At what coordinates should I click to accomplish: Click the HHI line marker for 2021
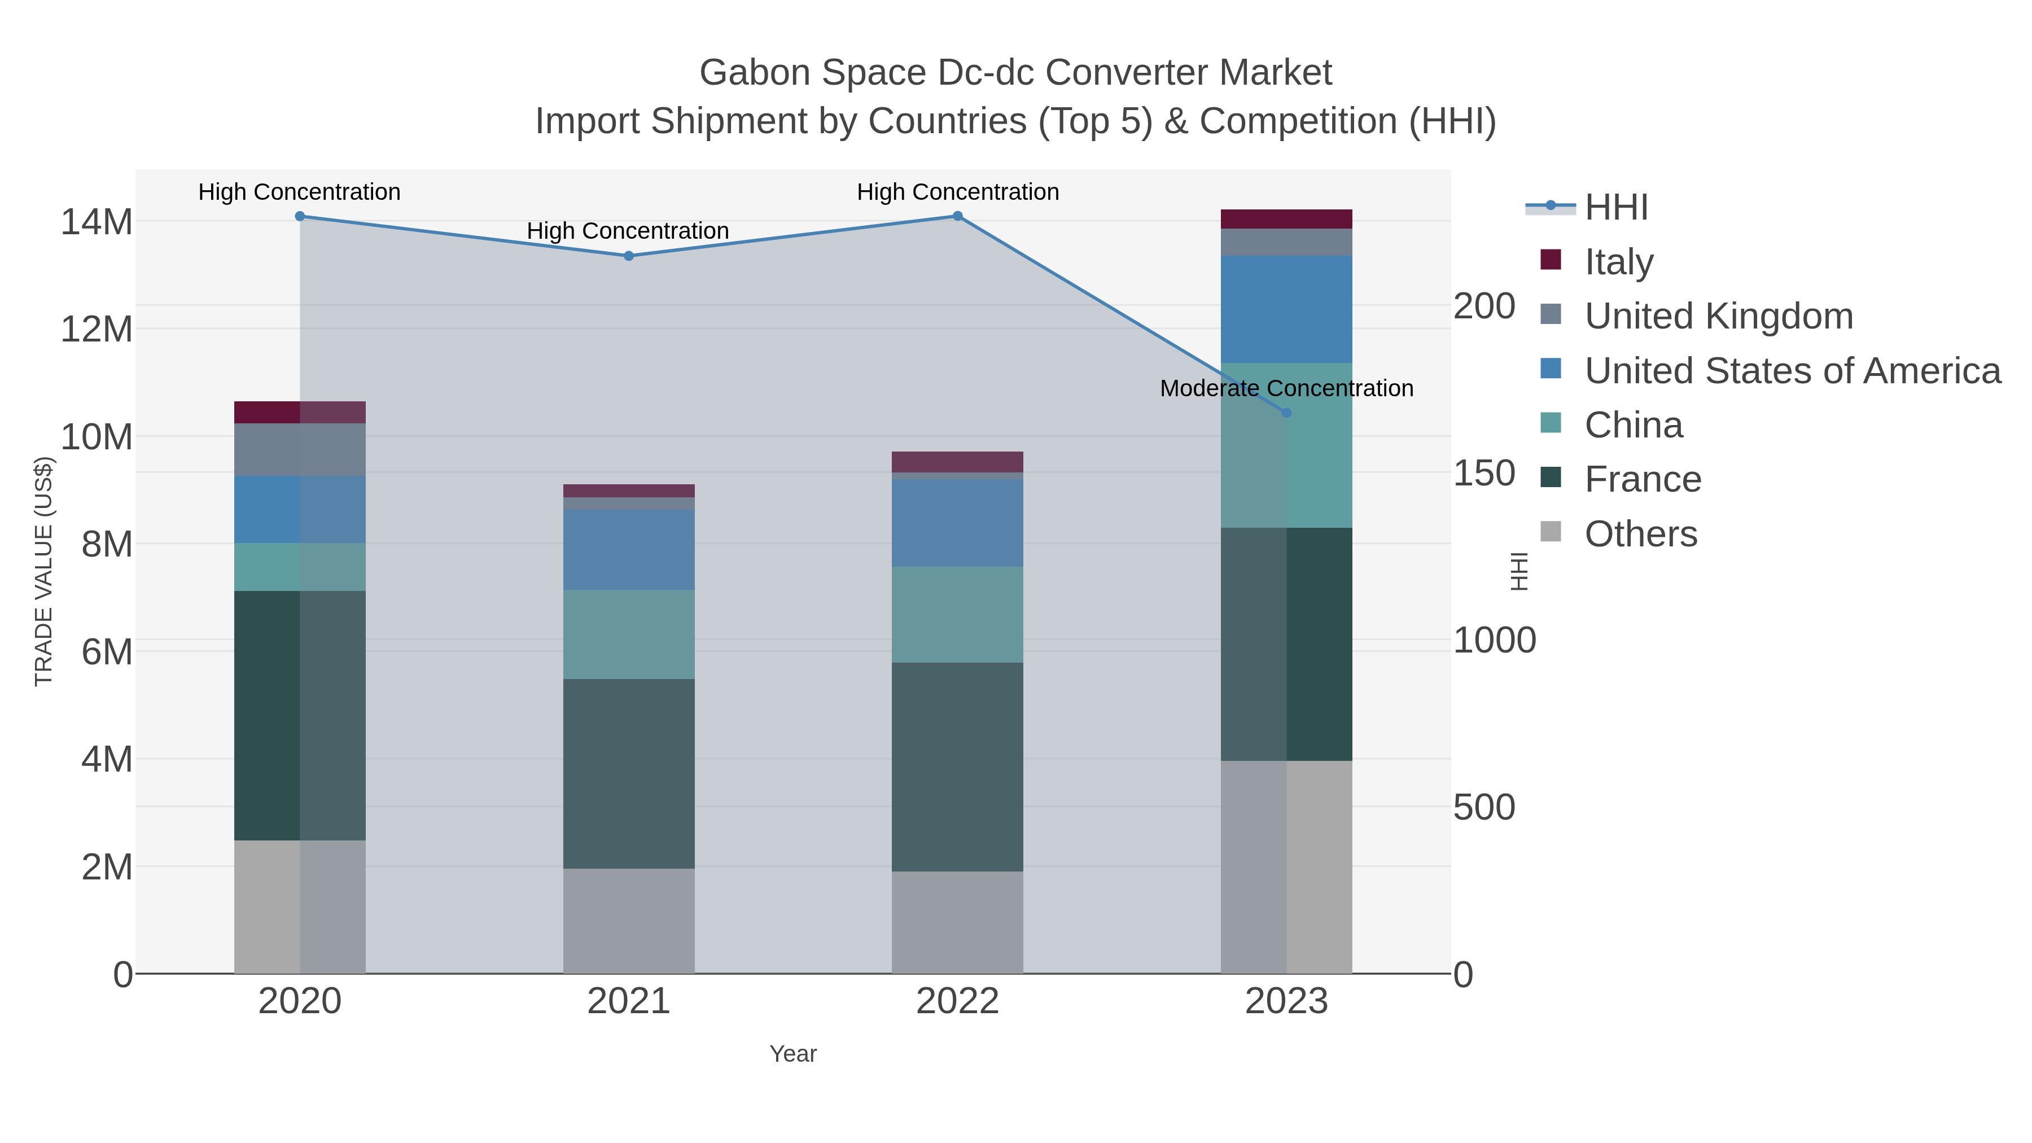(629, 256)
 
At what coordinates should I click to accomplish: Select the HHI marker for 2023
(1286, 413)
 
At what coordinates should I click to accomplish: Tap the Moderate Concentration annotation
(1286, 389)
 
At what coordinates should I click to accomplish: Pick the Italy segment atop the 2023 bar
(1286, 218)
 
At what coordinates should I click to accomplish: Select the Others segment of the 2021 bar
(629, 921)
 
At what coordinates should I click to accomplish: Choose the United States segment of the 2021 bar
(629, 550)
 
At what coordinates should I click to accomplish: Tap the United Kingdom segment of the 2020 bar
(300, 450)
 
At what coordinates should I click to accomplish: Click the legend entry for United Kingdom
(1718, 316)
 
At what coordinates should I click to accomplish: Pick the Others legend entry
(1641, 534)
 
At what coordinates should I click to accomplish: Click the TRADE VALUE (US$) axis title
(43, 571)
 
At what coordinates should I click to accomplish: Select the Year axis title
(793, 1054)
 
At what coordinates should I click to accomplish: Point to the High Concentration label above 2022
(958, 192)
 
